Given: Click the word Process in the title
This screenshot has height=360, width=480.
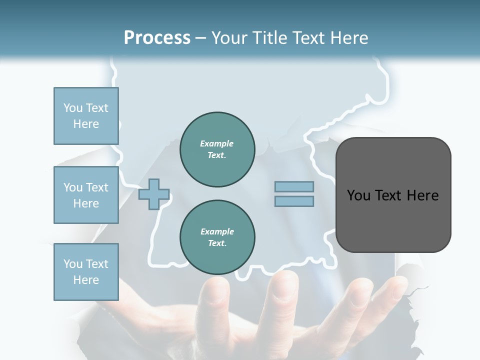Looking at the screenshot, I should [x=157, y=38].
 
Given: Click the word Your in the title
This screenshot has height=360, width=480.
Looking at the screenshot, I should [x=228, y=38].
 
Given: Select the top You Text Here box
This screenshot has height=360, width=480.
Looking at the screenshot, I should [x=86, y=116].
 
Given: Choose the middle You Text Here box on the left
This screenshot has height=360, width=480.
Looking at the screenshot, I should [x=86, y=195].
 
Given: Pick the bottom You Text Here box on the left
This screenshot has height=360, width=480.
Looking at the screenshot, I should [x=86, y=272].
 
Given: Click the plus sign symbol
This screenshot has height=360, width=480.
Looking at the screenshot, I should [x=154, y=194].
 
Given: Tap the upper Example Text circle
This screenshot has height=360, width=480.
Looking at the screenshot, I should [x=217, y=149].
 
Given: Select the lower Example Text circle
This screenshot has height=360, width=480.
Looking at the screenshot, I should [x=217, y=237].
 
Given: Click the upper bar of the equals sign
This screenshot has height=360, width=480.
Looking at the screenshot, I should [x=294, y=187].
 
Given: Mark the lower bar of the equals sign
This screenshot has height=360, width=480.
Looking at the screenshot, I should [x=294, y=201].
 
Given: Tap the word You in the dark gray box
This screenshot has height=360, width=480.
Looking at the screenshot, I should [x=359, y=195].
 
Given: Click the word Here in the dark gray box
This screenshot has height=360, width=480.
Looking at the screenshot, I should [x=422, y=195].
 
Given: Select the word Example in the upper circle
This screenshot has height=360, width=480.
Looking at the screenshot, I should [x=217, y=144].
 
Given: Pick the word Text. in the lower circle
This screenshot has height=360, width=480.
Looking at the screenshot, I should [x=217, y=243].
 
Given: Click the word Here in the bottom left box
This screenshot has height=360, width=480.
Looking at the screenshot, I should [x=86, y=280].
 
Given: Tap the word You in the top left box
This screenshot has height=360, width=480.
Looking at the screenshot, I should [x=73, y=108].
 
